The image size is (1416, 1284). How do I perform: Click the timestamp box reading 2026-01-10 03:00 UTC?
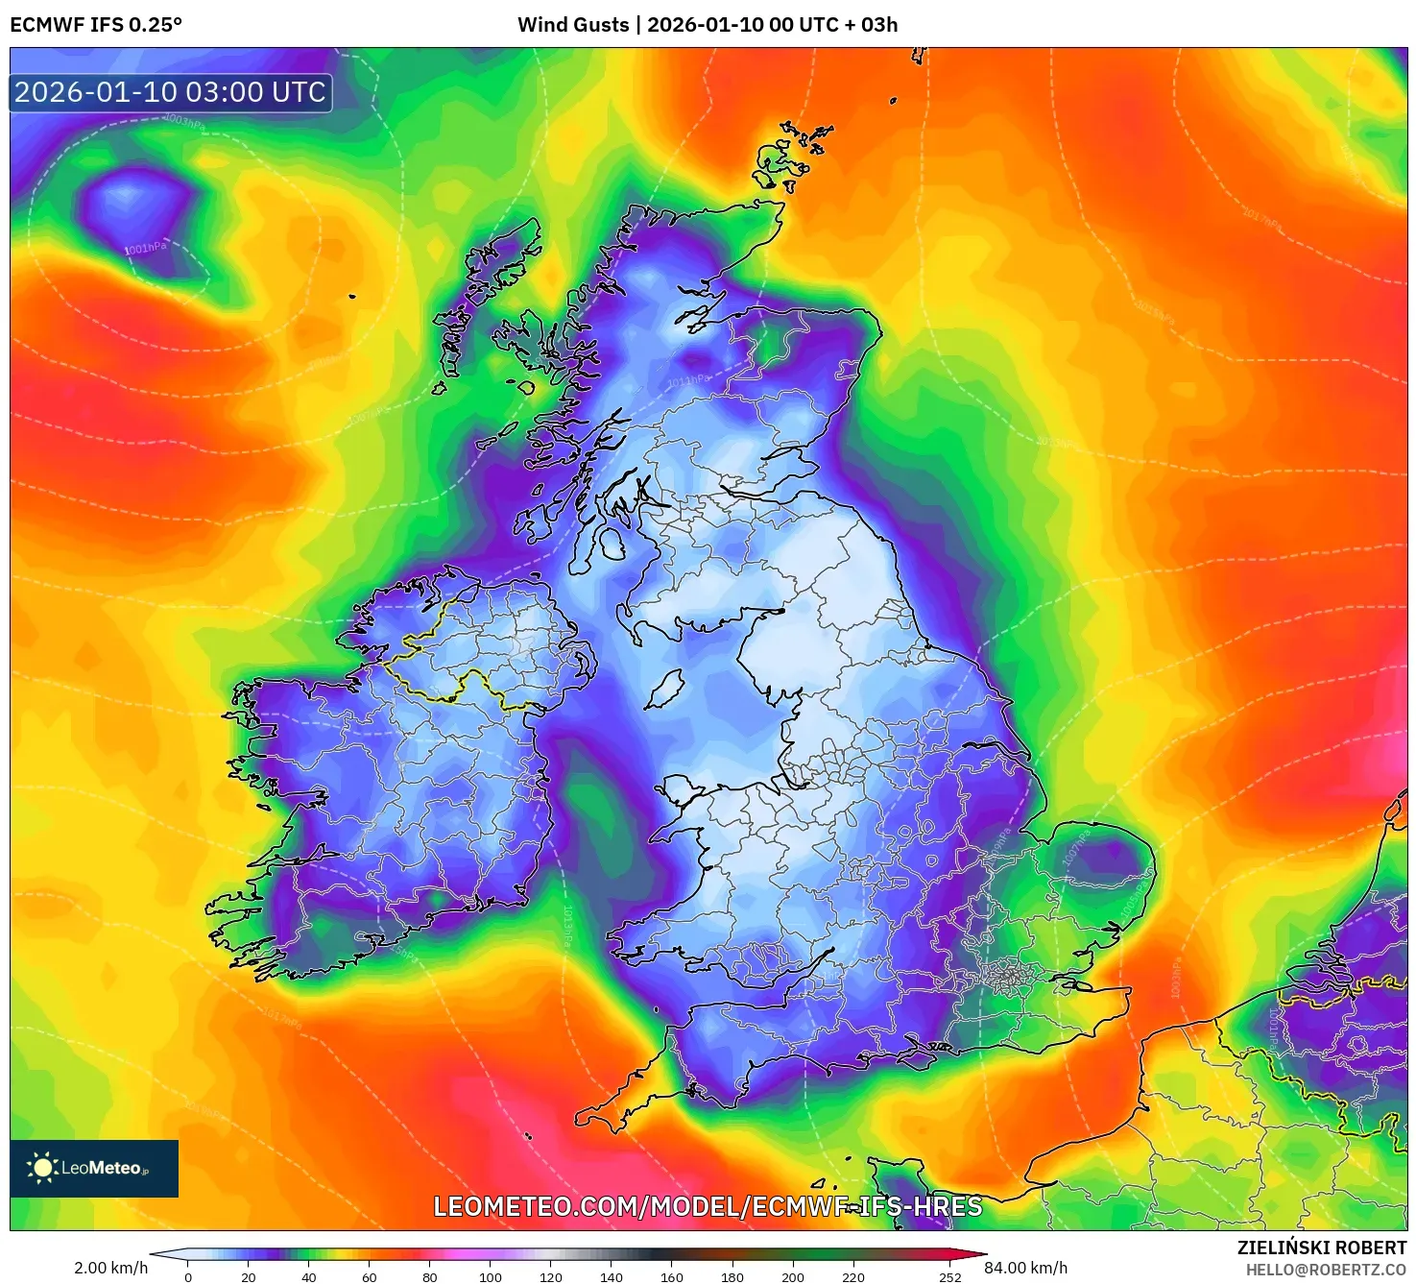(170, 92)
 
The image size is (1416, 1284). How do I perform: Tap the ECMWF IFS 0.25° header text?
(96, 25)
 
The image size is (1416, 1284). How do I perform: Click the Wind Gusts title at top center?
(708, 25)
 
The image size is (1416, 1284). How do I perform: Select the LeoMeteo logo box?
(94, 1168)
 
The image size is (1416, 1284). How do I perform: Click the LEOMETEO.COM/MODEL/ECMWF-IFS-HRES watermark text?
(708, 1206)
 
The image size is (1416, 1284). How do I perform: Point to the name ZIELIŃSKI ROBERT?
(1321, 1248)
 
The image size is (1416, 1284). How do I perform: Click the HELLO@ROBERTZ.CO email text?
(1326, 1270)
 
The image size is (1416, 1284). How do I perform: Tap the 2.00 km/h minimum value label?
(110, 1268)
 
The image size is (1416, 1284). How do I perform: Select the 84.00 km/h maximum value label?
(1025, 1268)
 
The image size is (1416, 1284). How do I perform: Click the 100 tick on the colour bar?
(491, 1276)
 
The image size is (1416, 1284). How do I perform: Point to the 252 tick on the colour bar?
(949, 1276)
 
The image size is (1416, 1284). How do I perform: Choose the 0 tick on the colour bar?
(188, 1276)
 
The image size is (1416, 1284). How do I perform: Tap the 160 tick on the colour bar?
(672, 1276)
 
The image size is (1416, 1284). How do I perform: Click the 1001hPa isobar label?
(145, 248)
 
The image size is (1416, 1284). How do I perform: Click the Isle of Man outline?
(663, 689)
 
